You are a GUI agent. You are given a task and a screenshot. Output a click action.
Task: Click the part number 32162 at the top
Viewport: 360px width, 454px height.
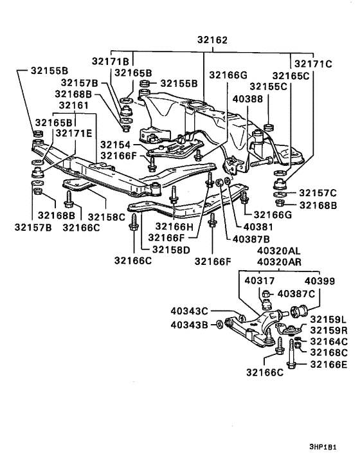coord(212,40)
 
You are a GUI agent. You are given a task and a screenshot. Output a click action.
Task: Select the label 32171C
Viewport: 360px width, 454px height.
coord(313,64)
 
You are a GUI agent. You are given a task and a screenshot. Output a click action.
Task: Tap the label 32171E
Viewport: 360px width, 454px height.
coord(73,133)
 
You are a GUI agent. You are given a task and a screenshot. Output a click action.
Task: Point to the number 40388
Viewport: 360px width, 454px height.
coord(248,99)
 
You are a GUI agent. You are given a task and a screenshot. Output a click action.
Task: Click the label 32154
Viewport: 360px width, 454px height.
coord(116,145)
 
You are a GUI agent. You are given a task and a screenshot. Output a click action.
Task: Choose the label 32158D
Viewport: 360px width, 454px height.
coord(171,250)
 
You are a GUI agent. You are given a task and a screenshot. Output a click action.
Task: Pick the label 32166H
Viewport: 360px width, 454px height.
coord(174,226)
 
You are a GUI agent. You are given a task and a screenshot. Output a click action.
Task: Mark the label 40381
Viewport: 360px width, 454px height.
coord(258,227)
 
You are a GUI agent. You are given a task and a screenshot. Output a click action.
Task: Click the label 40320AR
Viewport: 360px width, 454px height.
coord(279,262)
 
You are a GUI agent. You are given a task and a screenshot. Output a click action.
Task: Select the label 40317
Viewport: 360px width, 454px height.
coord(260,280)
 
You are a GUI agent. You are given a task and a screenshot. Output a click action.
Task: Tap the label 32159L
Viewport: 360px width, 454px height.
coord(328,320)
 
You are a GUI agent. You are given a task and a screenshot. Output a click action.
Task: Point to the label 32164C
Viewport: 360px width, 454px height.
coord(328,341)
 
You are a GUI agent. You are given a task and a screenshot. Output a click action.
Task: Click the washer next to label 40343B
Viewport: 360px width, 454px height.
coord(219,324)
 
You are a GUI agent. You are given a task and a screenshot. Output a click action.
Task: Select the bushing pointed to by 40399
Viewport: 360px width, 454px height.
coord(298,312)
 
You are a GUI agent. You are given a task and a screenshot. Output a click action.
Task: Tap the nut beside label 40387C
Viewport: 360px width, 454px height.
coord(266,294)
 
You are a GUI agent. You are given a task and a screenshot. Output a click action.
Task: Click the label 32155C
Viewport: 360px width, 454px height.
coord(268,87)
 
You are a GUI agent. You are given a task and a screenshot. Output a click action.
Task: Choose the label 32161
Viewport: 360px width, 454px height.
coord(73,105)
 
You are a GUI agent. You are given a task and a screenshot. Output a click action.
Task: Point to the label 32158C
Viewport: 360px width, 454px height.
coord(106,217)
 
